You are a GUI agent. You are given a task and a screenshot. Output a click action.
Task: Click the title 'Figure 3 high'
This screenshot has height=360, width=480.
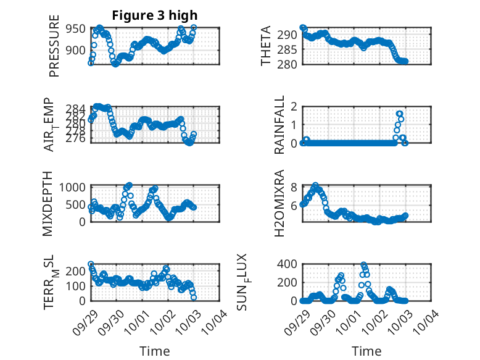pyautogui.click(x=155, y=15)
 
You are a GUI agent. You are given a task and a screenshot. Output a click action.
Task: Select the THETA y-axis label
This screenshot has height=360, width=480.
pyautogui.click(x=266, y=46)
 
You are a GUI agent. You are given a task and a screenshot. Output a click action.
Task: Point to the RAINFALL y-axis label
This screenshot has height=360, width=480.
pyautogui.click(x=280, y=125)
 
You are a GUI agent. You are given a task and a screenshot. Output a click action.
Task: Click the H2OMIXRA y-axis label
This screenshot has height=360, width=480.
pyautogui.click(x=280, y=203)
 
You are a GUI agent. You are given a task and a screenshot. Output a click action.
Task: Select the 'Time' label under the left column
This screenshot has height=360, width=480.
pyautogui.click(x=155, y=351)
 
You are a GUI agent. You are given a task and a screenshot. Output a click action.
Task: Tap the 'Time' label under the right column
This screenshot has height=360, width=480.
pyautogui.click(x=366, y=351)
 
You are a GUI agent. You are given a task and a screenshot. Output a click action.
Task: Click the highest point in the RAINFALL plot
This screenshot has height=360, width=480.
pyautogui.click(x=400, y=114)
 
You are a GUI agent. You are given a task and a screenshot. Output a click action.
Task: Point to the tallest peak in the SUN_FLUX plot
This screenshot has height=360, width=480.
pyautogui.click(x=364, y=265)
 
